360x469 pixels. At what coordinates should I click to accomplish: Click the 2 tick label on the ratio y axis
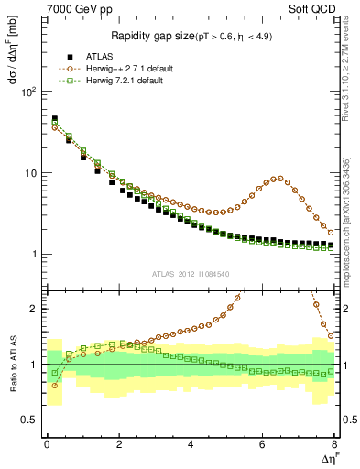[33, 309]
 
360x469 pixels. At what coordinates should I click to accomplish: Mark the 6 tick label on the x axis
[263, 444]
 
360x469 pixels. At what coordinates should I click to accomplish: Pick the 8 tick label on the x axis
[334, 444]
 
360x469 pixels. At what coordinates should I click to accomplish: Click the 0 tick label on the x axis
[47, 444]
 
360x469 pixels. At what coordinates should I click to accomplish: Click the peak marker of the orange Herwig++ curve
[279, 179]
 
